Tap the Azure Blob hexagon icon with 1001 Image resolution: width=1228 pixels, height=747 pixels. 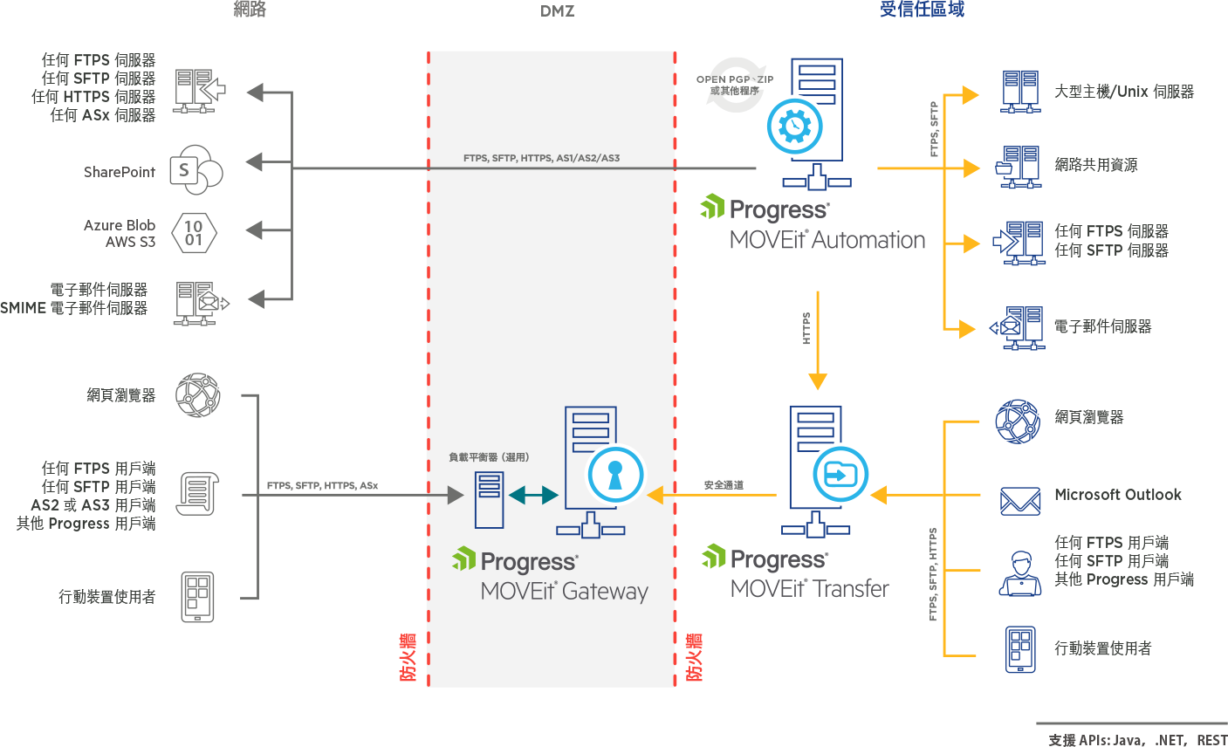tap(194, 233)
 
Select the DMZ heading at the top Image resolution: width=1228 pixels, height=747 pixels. tap(557, 11)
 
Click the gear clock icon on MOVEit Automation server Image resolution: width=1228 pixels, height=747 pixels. tap(794, 126)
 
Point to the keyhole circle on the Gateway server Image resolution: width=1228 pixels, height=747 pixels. tap(615, 475)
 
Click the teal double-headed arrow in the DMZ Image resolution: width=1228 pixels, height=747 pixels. tap(533, 495)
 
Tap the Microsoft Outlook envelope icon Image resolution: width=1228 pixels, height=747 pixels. tap(1019, 501)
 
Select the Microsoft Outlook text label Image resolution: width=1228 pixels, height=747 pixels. tap(1117, 495)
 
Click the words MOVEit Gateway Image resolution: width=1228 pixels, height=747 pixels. tap(565, 592)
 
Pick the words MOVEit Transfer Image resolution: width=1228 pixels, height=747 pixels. tap(810, 589)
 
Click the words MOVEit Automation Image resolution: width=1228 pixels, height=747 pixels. tap(827, 240)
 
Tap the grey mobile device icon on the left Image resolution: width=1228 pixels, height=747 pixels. tap(197, 597)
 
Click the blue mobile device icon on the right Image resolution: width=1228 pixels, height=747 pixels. tap(1020, 649)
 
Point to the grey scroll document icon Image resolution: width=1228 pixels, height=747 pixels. tap(197, 493)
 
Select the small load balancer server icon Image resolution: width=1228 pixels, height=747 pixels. tap(489, 499)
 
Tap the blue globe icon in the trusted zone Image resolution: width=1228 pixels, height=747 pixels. tap(1018, 421)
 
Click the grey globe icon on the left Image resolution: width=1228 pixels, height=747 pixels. tap(198, 394)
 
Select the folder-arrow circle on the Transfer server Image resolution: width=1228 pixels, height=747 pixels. tap(840, 475)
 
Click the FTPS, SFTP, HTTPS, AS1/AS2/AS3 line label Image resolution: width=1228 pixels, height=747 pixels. tap(541, 158)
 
